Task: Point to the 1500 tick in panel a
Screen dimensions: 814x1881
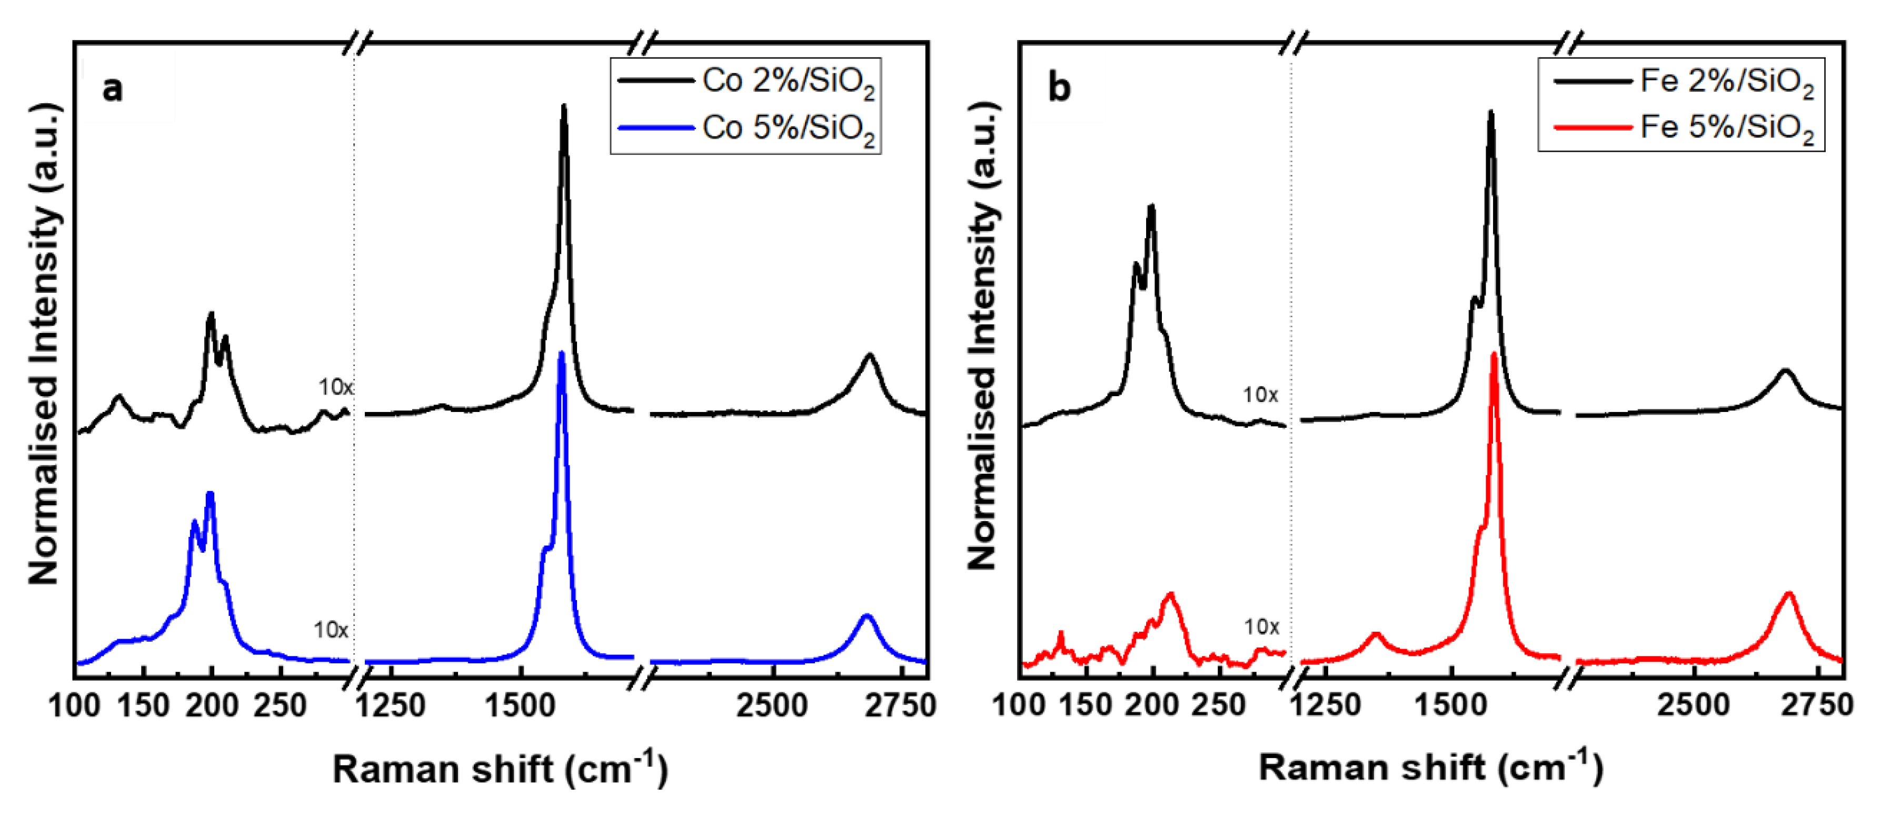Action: point(520,705)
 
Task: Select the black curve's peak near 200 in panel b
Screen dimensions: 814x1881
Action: point(1151,206)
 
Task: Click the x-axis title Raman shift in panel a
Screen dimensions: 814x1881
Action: point(500,769)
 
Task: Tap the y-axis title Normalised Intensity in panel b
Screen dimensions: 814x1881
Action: point(982,336)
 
